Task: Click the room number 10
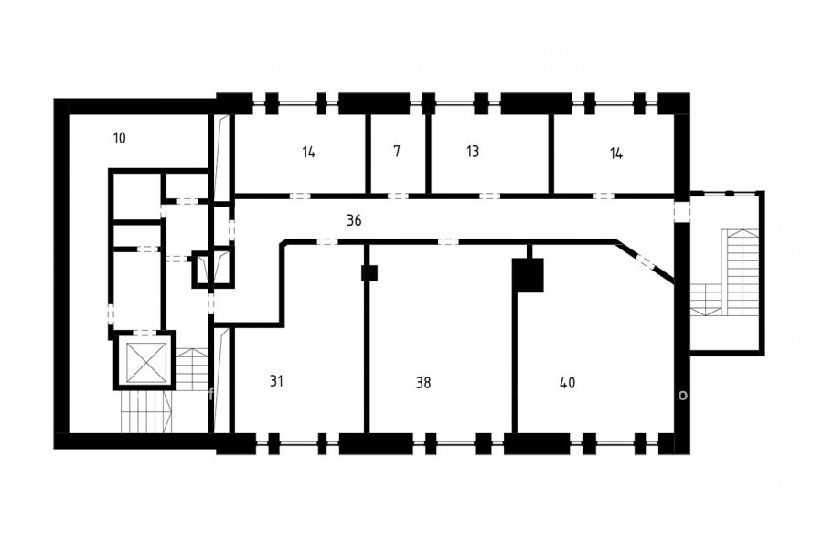[x=119, y=139]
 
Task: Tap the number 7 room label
[x=397, y=151]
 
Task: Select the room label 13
[x=473, y=151]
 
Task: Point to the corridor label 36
[x=354, y=220]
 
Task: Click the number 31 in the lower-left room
[x=276, y=381]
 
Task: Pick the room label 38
[x=423, y=383]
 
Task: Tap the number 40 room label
[x=567, y=383]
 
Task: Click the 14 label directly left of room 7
[x=309, y=153]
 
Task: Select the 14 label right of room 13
[x=616, y=154]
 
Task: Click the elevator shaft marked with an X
[x=148, y=362]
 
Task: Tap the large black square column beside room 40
[x=528, y=275]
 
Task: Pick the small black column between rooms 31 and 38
[x=369, y=273]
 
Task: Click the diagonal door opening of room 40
[x=645, y=262]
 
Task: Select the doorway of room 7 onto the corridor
[x=398, y=196]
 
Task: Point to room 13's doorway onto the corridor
[x=490, y=196]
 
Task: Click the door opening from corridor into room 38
[x=448, y=242]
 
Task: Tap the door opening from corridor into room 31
[x=327, y=242]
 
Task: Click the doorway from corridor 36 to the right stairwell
[x=682, y=211]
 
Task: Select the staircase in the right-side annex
[x=724, y=273]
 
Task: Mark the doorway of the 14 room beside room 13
[x=604, y=196]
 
